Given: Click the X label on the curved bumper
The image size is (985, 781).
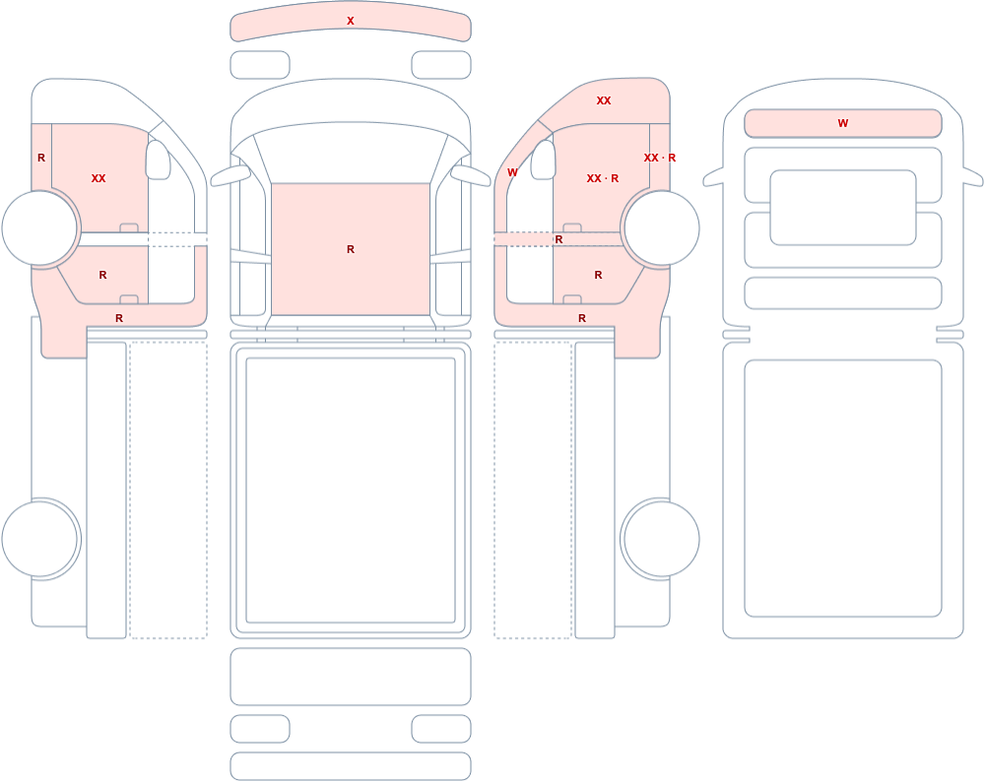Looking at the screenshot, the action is click(351, 21).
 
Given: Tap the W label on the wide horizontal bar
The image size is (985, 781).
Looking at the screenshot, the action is click(843, 123).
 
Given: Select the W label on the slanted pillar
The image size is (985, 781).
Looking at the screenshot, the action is click(512, 172).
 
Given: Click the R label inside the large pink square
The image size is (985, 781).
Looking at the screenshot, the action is click(351, 249).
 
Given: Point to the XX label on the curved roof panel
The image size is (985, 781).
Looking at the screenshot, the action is click(604, 100).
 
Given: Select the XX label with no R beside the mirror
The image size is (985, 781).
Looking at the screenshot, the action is click(98, 178).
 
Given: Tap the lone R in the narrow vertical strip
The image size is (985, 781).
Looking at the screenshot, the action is click(41, 158).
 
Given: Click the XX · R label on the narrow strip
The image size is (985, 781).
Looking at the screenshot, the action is click(660, 158).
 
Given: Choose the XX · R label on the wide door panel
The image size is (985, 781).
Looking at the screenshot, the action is click(603, 178).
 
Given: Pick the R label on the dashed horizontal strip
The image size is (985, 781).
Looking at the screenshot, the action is click(559, 239).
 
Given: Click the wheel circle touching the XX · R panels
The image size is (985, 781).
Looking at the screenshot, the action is click(660, 228).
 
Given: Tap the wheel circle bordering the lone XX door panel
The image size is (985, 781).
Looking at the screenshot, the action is click(40, 228).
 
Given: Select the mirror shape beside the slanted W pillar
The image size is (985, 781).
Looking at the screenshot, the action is click(544, 160).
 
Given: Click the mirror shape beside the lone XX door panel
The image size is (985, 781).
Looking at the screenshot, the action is click(159, 160).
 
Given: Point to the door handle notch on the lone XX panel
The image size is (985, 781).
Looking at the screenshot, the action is click(129, 228).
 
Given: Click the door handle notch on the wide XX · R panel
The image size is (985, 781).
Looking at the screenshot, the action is click(572, 228).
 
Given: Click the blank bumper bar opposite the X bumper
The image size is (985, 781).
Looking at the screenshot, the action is click(351, 766).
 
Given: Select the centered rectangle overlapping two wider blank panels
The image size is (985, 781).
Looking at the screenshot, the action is click(843, 208).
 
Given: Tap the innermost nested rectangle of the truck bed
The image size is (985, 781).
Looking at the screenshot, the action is click(351, 490).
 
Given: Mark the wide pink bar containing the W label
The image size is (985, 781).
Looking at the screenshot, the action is click(843, 123).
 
